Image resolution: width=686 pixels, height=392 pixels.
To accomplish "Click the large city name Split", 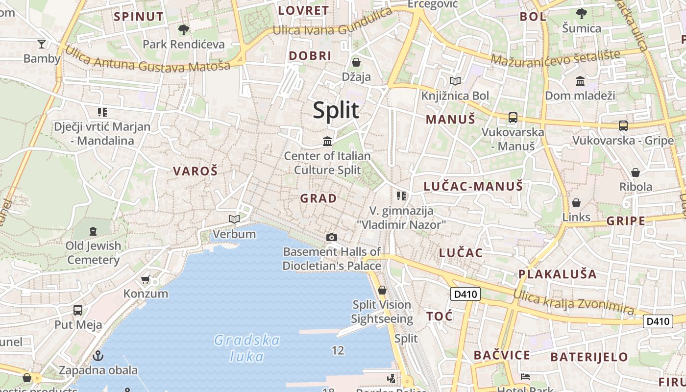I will [336, 110].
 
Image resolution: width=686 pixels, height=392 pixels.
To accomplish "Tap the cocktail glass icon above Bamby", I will [42, 44].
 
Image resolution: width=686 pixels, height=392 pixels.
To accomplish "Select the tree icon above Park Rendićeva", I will [184, 30].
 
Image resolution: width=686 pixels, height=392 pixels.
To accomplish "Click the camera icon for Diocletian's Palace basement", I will [332, 238].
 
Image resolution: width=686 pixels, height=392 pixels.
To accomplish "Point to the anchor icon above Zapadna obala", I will [98, 355].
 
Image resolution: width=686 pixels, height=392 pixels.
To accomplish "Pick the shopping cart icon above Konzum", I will [146, 280].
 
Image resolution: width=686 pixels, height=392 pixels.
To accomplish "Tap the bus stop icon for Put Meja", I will [78, 310].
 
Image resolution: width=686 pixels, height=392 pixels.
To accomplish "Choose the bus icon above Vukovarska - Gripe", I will [623, 126].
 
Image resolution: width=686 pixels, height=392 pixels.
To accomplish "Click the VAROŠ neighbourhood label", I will [195, 171].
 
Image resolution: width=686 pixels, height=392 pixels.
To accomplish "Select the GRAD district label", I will [318, 198].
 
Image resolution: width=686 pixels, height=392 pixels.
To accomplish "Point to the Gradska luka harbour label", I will [247, 348].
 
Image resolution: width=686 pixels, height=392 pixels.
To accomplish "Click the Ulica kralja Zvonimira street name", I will [573, 301].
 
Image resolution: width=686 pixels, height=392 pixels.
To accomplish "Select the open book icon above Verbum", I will [235, 219].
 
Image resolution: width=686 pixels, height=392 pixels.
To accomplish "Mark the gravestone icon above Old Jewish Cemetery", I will [93, 231].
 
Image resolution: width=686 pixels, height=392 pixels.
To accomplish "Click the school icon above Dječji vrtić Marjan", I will [102, 112].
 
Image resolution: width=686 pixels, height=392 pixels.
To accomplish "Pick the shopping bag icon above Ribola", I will [636, 172].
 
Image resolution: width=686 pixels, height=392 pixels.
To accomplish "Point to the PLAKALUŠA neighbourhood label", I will [558, 274].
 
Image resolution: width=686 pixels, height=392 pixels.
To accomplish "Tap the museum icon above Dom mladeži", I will [580, 81].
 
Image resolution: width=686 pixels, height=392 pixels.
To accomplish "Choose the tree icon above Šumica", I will [582, 13].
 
